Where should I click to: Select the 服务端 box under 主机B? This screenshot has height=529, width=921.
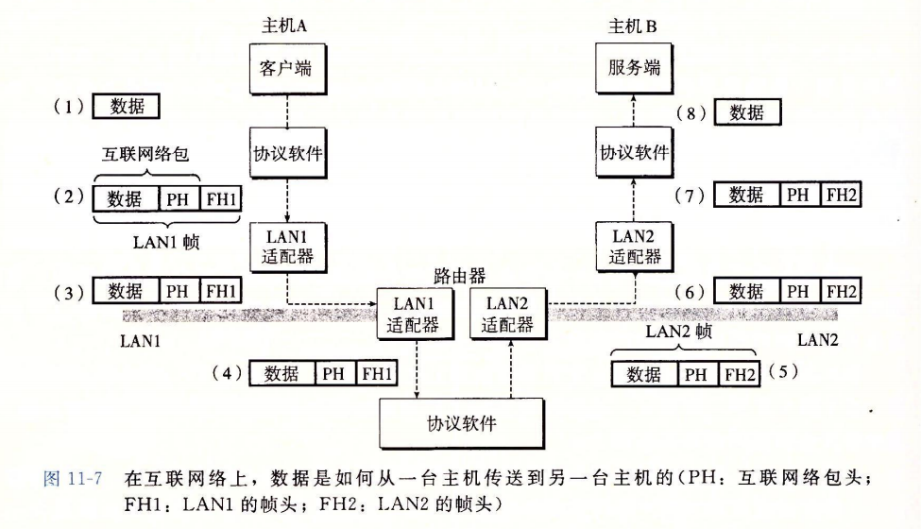(x=634, y=69)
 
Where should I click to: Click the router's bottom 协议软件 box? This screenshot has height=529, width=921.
(x=462, y=422)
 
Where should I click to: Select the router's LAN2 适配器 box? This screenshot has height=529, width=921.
(x=507, y=315)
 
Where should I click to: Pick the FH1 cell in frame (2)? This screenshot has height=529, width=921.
(x=222, y=199)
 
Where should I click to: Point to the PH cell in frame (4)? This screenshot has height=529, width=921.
(x=333, y=373)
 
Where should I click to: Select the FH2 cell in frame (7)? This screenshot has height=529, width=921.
(x=842, y=196)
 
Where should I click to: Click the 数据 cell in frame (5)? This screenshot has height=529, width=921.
(x=644, y=374)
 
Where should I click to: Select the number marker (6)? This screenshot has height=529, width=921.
(x=691, y=292)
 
